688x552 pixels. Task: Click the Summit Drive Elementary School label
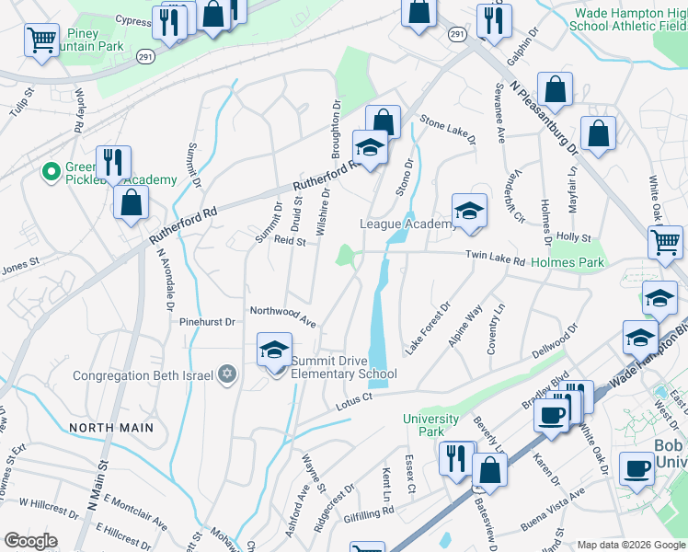click(343, 367)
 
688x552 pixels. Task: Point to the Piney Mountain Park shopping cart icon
click(42, 40)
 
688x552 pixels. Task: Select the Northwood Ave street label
click(283, 317)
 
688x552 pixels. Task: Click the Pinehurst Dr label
click(208, 322)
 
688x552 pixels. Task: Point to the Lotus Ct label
click(352, 397)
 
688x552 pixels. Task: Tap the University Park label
click(430, 425)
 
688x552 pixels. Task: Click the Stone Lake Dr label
click(448, 129)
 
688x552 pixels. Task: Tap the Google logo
click(30, 541)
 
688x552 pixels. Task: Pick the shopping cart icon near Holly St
click(665, 243)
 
